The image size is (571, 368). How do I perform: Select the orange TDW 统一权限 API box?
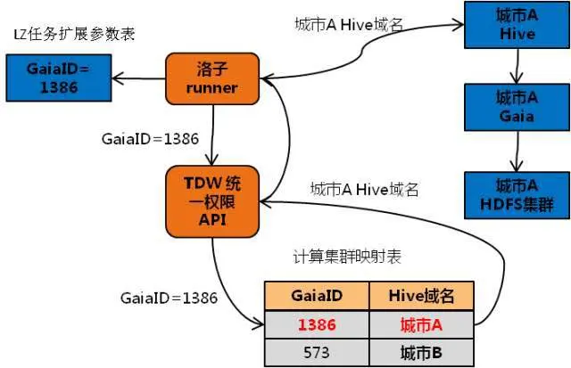click(x=212, y=200)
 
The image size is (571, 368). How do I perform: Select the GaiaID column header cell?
click(x=316, y=295)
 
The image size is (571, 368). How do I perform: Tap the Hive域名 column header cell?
click(x=424, y=295)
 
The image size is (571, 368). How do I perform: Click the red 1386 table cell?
click(x=316, y=323)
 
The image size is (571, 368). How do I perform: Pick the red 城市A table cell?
click(x=424, y=323)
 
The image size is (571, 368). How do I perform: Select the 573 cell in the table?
click(x=316, y=353)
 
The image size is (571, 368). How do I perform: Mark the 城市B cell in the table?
click(x=424, y=353)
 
